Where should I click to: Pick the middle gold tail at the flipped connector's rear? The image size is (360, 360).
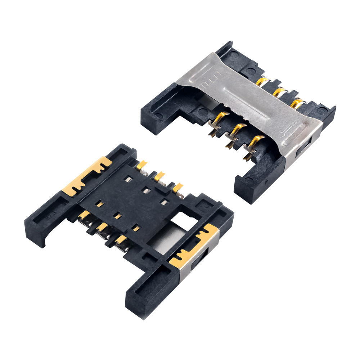(159, 176)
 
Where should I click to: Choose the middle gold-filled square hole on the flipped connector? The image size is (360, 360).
(116, 216)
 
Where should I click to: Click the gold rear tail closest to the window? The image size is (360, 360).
(177, 188)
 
